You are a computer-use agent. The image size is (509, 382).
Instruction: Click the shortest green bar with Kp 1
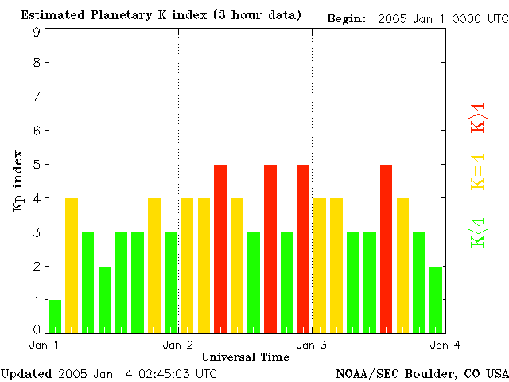click(55, 316)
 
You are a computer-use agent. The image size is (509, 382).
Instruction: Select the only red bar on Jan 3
click(387, 248)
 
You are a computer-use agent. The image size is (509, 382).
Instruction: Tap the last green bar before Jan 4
click(436, 299)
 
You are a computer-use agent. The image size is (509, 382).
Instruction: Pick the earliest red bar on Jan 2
click(220, 248)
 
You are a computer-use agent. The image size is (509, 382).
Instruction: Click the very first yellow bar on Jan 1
click(72, 265)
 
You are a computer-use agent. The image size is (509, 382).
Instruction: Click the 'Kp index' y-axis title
click(17, 181)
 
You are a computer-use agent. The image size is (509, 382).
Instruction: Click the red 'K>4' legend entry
click(478, 116)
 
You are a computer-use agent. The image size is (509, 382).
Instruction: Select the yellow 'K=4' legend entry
click(478, 172)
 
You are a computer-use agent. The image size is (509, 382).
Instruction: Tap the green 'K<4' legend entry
click(478, 232)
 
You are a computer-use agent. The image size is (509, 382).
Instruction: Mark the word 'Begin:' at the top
click(346, 19)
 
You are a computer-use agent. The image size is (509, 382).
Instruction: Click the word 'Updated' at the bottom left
click(25, 373)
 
